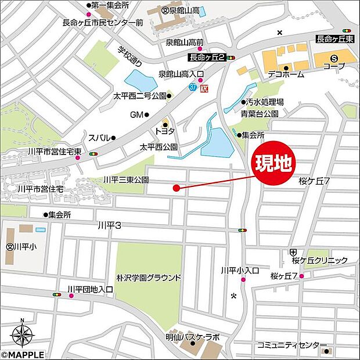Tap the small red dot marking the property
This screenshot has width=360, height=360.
(175, 188)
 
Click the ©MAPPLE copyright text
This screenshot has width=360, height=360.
(22, 354)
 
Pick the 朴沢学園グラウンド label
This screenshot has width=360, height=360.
(149, 278)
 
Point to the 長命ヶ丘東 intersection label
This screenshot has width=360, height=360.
(334, 39)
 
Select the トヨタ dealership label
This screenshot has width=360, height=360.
(164, 132)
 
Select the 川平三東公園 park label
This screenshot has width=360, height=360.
(126, 180)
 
